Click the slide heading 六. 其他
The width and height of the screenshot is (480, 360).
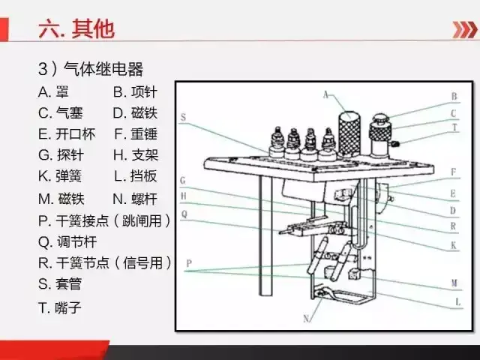click(76, 29)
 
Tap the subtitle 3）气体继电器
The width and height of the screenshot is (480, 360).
click(91, 68)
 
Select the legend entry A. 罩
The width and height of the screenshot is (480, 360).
click(53, 91)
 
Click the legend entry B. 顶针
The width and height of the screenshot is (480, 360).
click(135, 91)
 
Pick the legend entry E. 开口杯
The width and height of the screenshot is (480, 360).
click(67, 134)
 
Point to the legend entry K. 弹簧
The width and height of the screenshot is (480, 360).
click(60, 176)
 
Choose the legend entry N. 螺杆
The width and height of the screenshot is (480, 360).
click(135, 199)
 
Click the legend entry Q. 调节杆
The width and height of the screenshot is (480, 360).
click(67, 241)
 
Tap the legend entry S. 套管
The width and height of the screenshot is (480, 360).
click(60, 283)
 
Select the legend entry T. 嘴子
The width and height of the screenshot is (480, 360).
click(60, 307)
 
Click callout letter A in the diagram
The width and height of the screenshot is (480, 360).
click(325, 95)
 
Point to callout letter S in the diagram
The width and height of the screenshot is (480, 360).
click(183, 117)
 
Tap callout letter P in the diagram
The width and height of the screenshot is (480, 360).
click(189, 263)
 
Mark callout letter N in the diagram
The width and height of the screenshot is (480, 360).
click(306, 319)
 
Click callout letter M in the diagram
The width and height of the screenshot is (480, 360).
click(454, 283)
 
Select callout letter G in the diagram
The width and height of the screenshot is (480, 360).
click(183, 180)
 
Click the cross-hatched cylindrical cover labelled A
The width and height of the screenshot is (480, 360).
click(349, 134)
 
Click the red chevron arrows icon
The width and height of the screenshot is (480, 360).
click(465, 30)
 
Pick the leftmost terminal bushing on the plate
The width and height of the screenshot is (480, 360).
click(277, 143)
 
